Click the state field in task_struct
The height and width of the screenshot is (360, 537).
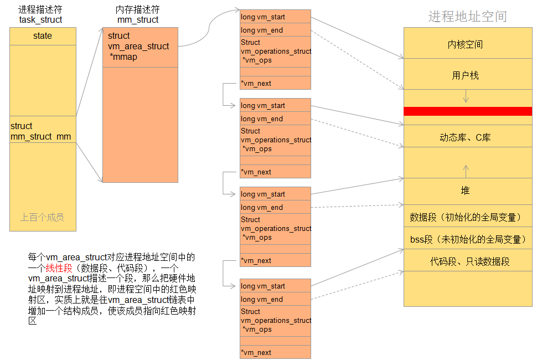(43, 36)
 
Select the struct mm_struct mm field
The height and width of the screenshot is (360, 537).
(41, 131)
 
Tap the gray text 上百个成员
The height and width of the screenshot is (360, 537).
(42, 217)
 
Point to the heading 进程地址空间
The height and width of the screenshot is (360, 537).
(467, 17)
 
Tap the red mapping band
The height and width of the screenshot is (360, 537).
(467, 111)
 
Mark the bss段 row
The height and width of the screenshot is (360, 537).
(467, 240)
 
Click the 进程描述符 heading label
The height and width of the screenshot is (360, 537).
(40, 9)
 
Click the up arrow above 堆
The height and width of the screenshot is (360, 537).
(466, 169)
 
